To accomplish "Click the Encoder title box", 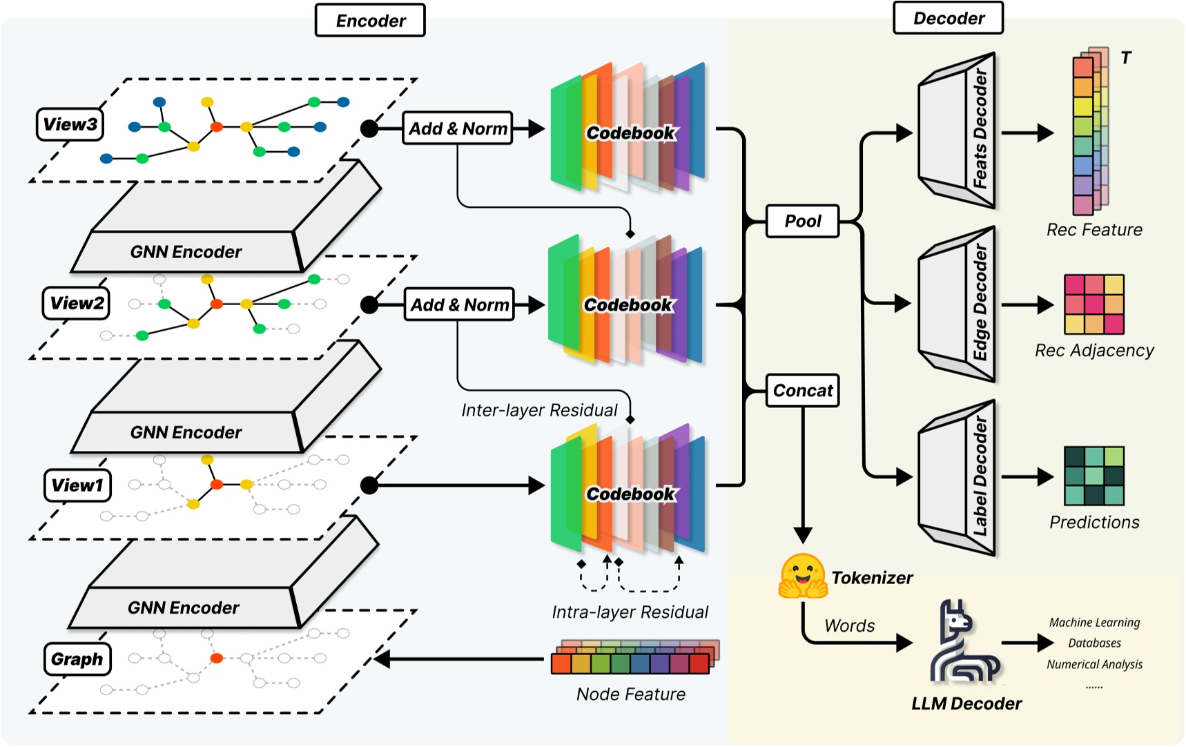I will (x=370, y=21).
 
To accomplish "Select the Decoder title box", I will (x=948, y=19).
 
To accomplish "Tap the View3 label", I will (x=70, y=124).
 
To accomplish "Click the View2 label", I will (x=77, y=303).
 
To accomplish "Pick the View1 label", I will (x=77, y=485).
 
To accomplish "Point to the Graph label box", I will (x=77, y=659).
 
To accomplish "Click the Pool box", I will (x=802, y=221).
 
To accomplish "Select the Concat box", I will (x=802, y=391).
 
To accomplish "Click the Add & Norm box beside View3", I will (x=458, y=128).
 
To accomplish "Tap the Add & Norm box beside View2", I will (x=459, y=304).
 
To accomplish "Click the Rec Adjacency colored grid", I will (x=1094, y=304).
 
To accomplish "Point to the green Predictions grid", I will (x=1094, y=476).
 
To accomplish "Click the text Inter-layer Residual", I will (x=539, y=411).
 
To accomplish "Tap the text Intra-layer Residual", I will (x=630, y=612).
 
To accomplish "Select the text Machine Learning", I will (x=1094, y=623).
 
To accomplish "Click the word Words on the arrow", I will (x=849, y=626).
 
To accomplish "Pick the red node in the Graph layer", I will (x=217, y=658).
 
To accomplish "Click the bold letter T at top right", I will (x=1126, y=58).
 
